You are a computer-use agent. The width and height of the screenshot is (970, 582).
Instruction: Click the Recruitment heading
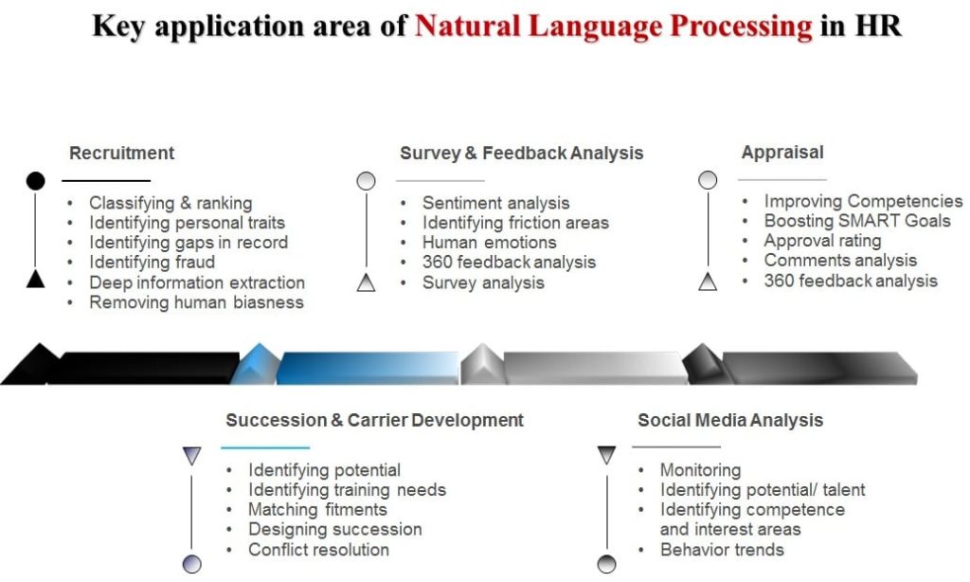click(122, 153)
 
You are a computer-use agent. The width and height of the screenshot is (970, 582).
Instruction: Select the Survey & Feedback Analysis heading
click(521, 153)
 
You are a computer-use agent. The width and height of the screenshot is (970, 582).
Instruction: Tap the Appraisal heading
click(782, 152)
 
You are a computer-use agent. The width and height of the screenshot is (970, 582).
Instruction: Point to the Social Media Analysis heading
click(730, 420)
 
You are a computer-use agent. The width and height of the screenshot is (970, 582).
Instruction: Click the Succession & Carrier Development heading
click(374, 420)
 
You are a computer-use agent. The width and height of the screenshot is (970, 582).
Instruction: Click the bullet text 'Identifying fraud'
click(152, 262)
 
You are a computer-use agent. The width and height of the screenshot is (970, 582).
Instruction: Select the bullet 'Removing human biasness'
click(196, 302)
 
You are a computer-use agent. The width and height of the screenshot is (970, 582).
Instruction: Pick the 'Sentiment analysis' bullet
click(495, 203)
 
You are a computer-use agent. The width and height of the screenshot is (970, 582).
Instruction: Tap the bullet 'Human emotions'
click(489, 242)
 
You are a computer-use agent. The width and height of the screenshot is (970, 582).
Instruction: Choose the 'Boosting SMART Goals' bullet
click(857, 221)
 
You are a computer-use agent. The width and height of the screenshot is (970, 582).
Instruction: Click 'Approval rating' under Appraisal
click(822, 241)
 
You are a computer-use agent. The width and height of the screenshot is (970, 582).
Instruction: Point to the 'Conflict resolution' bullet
click(318, 550)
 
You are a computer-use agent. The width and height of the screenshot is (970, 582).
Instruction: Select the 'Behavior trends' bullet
click(722, 550)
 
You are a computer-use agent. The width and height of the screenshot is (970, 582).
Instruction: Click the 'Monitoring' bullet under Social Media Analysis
click(700, 470)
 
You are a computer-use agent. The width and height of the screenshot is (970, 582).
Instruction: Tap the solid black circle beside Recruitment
click(35, 180)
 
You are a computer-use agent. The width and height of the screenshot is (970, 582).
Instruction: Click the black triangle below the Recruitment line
click(35, 278)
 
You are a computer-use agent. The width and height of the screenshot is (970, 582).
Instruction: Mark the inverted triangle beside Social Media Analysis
click(607, 455)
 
